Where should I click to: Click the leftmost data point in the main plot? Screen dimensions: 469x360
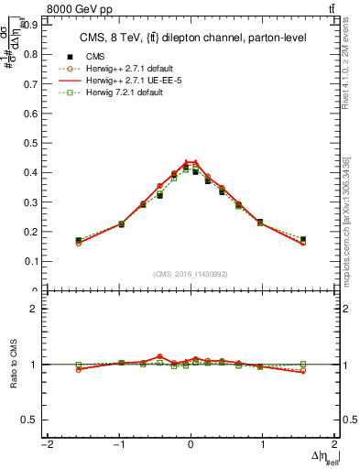coord(79,240)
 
